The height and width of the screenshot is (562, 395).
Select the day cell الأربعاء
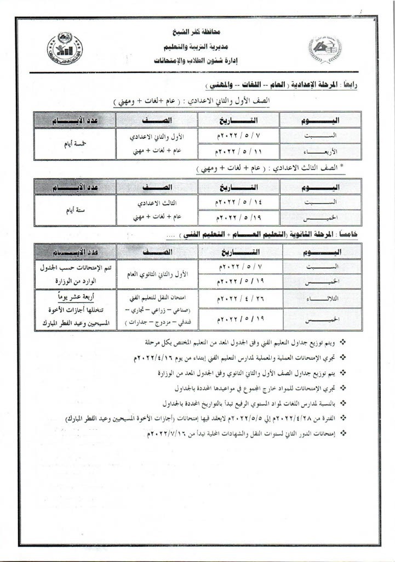[x=320, y=151]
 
